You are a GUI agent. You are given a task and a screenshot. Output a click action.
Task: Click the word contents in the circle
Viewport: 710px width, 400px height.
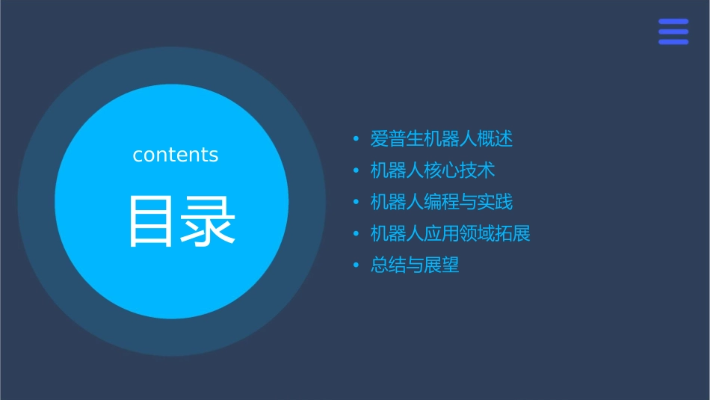pos(176,155)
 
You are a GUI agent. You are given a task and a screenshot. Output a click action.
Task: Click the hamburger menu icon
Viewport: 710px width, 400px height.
pos(673,31)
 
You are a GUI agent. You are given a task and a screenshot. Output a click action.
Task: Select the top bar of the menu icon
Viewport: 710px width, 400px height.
pos(673,21)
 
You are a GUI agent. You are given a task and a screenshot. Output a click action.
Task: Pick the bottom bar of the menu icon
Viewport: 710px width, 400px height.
pos(673,42)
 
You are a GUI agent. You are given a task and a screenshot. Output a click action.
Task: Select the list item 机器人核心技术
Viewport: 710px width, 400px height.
pos(433,170)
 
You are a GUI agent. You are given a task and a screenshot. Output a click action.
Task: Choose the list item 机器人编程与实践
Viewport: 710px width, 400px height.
pos(442,202)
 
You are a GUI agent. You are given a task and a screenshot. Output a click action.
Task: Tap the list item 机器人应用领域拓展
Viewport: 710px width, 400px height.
pos(451,233)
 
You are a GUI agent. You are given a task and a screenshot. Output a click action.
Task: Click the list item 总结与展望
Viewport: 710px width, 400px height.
pos(415,265)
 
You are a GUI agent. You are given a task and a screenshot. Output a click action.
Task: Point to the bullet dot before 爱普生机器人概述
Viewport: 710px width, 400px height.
pos(356,139)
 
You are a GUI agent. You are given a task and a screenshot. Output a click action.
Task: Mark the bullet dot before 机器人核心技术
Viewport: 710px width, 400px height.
pos(356,170)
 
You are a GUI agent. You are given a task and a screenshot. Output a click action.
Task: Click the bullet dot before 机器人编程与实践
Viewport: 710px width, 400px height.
pos(356,202)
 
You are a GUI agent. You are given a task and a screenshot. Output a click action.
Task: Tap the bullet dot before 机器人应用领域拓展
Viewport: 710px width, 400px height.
pos(356,233)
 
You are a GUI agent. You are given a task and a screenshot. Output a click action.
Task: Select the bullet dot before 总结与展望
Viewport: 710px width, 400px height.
pos(356,265)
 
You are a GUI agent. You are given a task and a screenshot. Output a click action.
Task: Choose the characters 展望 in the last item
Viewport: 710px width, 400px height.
pos(442,265)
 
